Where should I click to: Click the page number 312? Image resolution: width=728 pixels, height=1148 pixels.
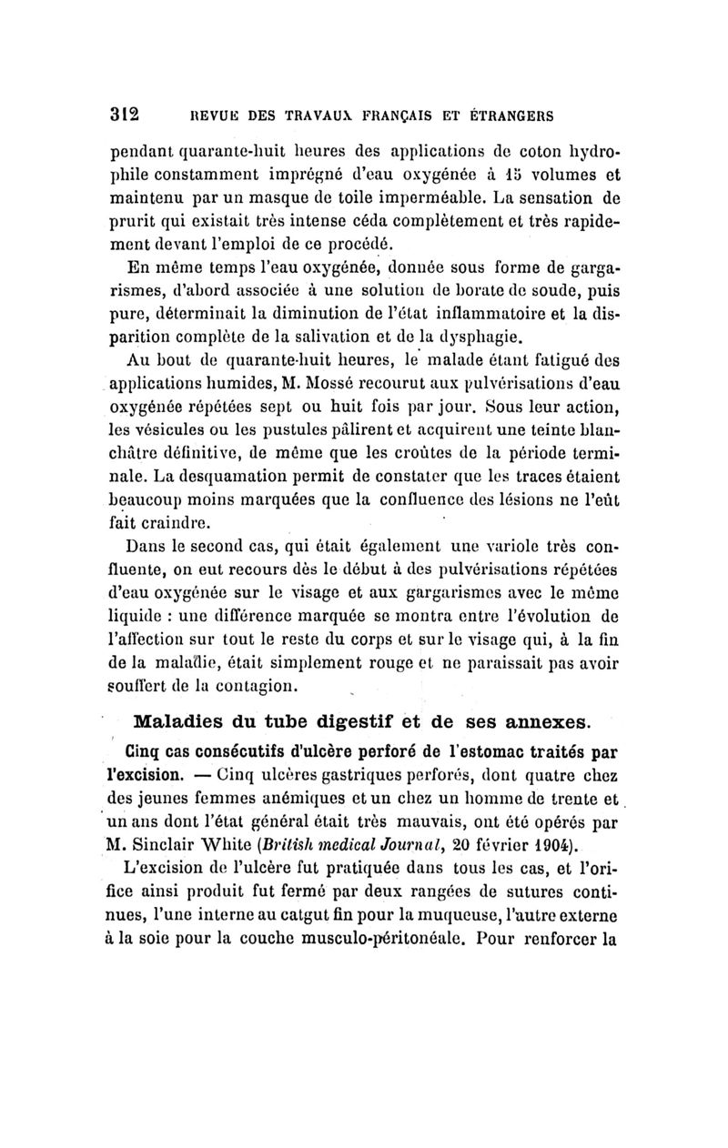(124, 115)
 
